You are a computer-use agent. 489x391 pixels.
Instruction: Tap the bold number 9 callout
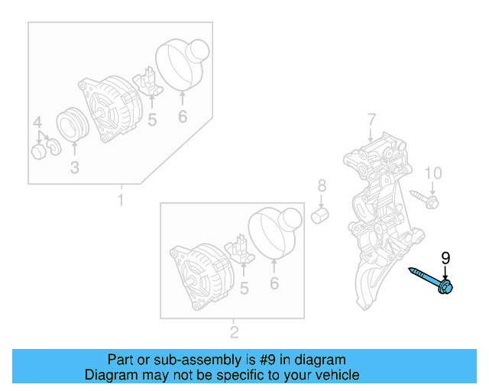pyautogui.click(x=445, y=258)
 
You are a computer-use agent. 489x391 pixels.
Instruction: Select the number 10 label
pyautogui.click(x=432, y=173)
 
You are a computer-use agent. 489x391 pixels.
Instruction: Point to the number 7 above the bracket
pyautogui.click(x=371, y=119)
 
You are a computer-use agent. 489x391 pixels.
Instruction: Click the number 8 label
pyautogui.click(x=322, y=186)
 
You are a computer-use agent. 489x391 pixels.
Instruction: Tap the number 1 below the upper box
pyautogui.click(x=120, y=200)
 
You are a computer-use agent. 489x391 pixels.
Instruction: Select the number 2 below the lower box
pyautogui.click(x=234, y=331)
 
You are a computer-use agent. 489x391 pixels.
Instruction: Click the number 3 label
pyautogui.click(x=74, y=168)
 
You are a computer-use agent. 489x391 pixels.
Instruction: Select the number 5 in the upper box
pyautogui.click(x=152, y=120)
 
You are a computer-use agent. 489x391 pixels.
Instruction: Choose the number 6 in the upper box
pyautogui.click(x=182, y=117)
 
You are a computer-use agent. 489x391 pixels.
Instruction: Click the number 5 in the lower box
pyautogui.click(x=244, y=288)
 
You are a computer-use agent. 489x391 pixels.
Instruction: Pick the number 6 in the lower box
pyautogui.click(x=274, y=285)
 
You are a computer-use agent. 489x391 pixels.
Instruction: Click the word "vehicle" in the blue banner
pyautogui.click(x=333, y=375)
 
